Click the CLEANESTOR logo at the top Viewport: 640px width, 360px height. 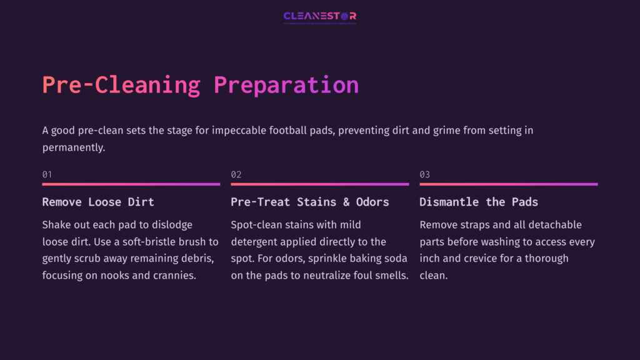click(x=319, y=16)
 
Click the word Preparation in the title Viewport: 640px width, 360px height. click(x=286, y=84)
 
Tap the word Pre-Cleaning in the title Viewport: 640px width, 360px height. click(x=121, y=84)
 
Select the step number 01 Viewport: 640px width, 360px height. click(x=47, y=174)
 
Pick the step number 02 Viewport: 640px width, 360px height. click(x=236, y=174)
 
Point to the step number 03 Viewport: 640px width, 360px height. click(x=424, y=174)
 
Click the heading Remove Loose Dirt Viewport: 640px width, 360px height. click(x=98, y=202)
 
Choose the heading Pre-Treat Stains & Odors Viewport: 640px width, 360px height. click(x=309, y=202)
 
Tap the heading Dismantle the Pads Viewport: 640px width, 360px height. click(x=478, y=202)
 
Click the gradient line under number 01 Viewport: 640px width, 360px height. click(x=131, y=184)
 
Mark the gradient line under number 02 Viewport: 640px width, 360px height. click(x=319, y=184)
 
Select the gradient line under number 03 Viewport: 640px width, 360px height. click(x=508, y=184)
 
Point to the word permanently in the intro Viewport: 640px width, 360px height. click(x=71, y=148)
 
